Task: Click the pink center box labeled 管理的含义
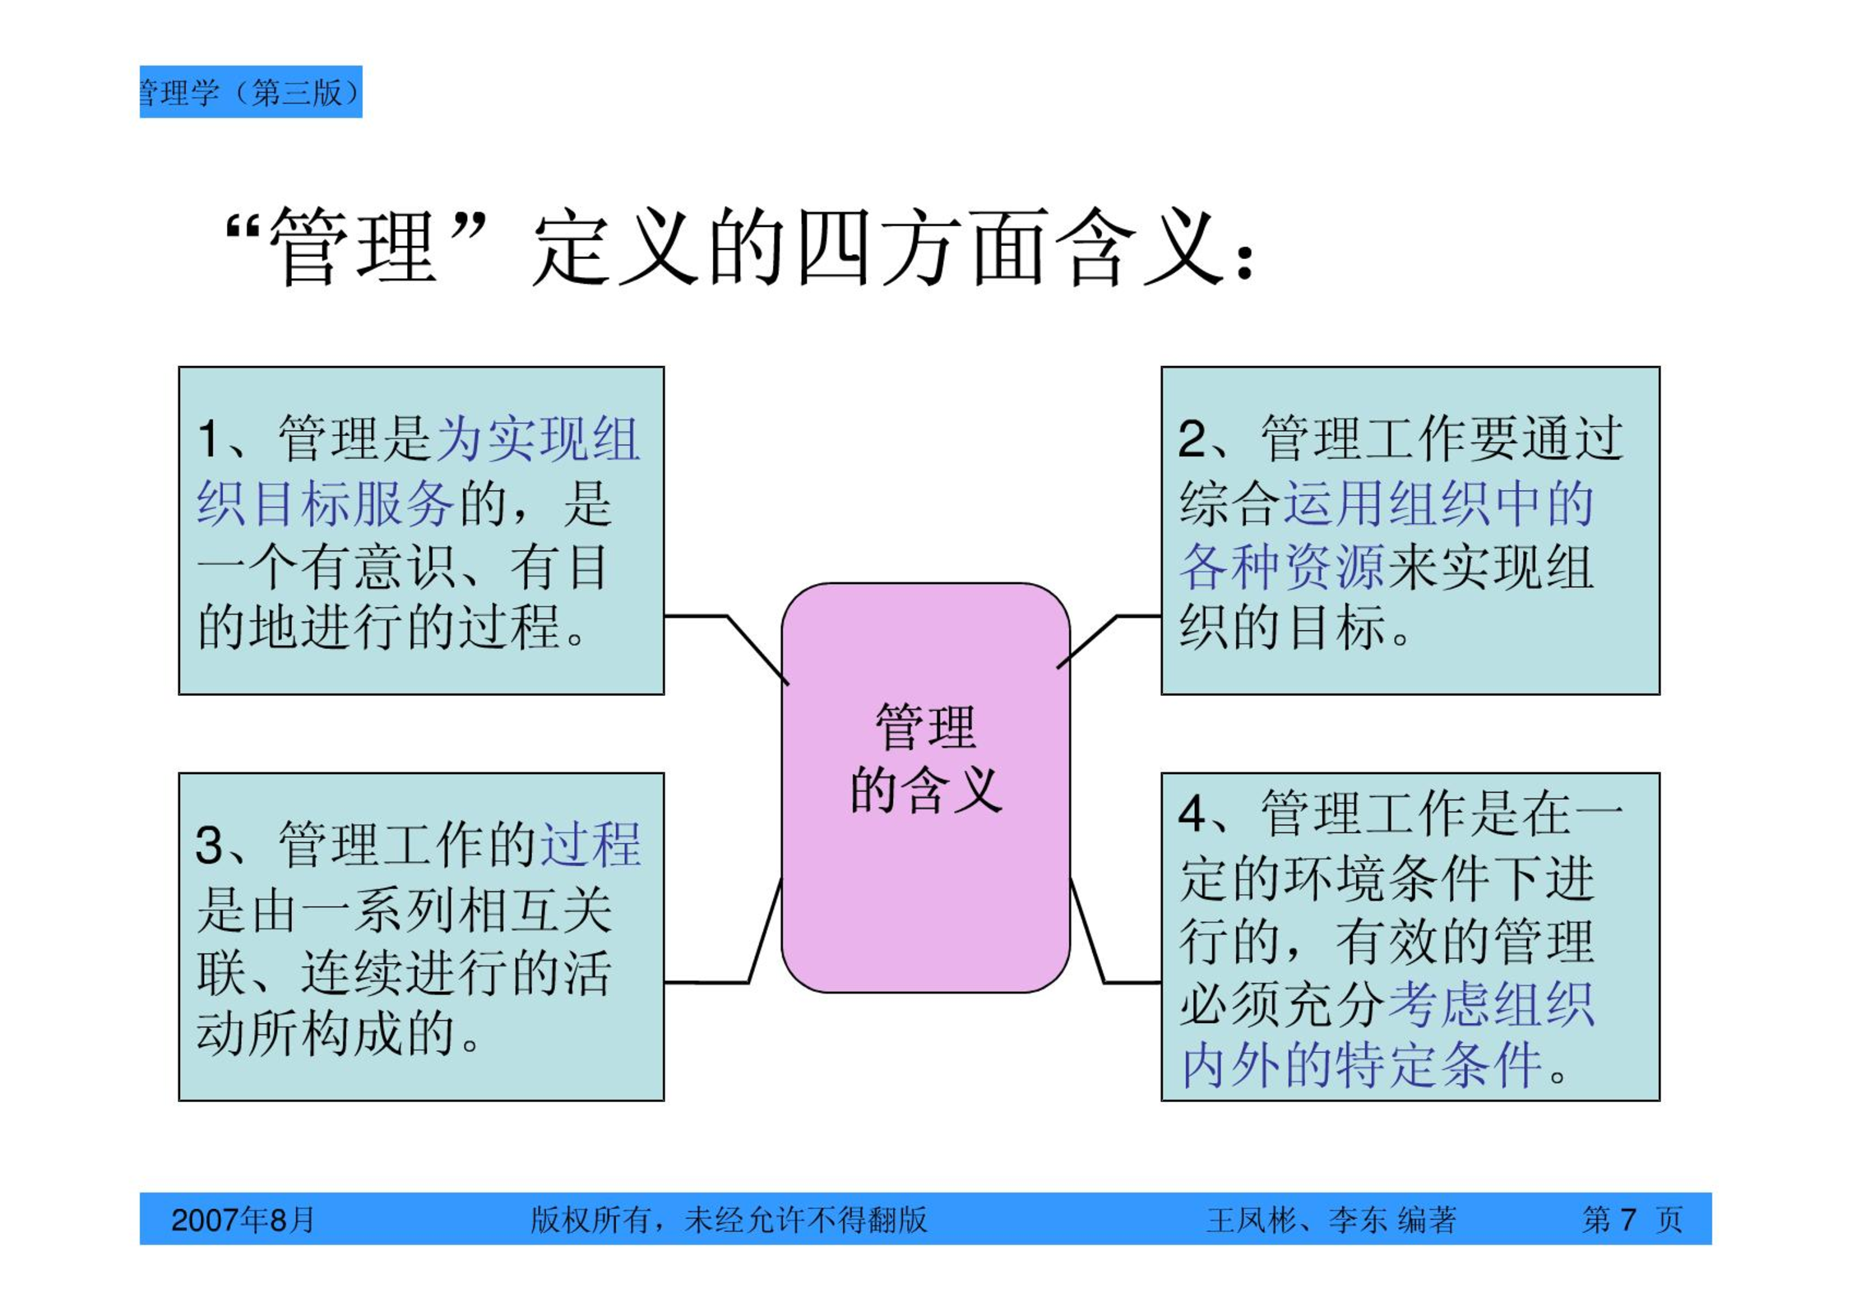(x=925, y=787)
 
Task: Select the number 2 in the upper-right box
(x=1192, y=438)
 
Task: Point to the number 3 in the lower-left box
(x=210, y=845)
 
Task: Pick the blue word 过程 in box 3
(x=590, y=845)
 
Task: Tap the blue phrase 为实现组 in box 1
(x=538, y=438)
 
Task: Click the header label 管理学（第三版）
(x=251, y=92)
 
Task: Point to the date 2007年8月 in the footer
(x=243, y=1220)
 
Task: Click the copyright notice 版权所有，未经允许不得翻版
(x=729, y=1220)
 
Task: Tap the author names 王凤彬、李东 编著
(x=1331, y=1220)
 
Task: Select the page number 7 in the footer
(x=1628, y=1219)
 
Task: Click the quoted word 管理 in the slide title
(x=353, y=247)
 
